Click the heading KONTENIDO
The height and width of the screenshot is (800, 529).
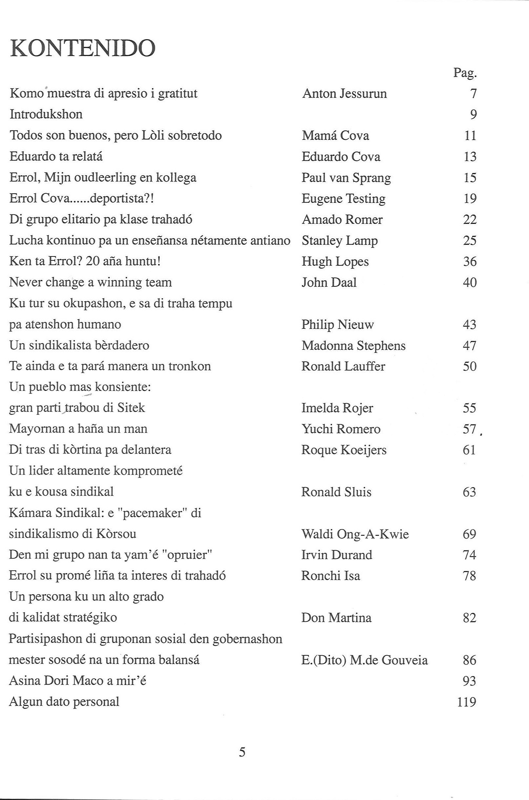click(x=83, y=49)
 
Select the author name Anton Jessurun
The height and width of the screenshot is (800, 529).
click(x=344, y=94)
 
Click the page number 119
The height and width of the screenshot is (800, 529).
click(x=466, y=702)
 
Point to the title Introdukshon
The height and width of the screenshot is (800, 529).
click(x=46, y=114)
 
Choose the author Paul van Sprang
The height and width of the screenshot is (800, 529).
click(x=346, y=178)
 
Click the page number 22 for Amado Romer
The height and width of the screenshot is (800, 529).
click(x=469, y=220)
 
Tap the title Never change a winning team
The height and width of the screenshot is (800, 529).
click(x=90, y=282)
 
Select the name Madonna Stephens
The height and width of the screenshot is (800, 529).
click(x=353, y=346)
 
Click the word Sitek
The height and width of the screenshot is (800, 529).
click(x=131, y=408)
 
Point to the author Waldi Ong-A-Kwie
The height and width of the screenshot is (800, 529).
click(x=355, y=534)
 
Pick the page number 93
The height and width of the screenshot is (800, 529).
click(x=469, y=681)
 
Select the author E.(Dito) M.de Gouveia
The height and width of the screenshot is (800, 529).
click(x=364, y=660)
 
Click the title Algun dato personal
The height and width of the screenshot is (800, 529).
click(x=64, y=702)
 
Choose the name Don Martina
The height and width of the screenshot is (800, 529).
click(x=336, y=618)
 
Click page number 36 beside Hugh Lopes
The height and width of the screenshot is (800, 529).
click(x=469, y=261)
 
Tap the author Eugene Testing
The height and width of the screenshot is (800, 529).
click(x=343, y=199)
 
